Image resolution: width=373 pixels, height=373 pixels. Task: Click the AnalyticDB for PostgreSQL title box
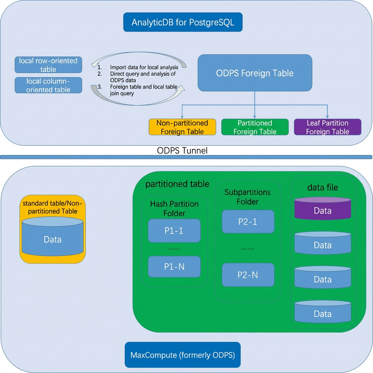[x=183, y=22]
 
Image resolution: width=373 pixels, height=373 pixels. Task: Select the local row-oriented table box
[x=48, y=65]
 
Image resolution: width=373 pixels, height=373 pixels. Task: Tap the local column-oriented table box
[x=48, y=85]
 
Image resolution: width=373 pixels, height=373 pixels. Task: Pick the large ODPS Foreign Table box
[x=255, y=73]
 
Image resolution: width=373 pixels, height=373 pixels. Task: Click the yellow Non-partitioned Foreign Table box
[x=182, y=127]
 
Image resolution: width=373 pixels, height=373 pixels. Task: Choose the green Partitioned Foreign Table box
[x=255, y=127]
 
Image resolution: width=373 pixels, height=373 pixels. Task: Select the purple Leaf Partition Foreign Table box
[x=327, y=127]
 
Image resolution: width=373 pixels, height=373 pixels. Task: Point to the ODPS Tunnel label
[x=182, y=150]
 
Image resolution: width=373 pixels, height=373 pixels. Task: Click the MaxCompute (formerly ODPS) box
[x=183, y=355]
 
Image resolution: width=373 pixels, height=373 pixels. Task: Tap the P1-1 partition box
[x=174, y=231]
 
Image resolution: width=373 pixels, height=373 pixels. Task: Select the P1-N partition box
[x=174, y=266]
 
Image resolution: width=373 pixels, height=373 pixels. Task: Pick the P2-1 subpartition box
[x=248, y=221]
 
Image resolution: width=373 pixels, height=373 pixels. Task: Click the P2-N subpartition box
[x=248, y=275]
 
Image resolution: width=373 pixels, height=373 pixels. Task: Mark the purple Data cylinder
[x=323, y=208]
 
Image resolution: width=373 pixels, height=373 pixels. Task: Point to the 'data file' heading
[x=323, y=188]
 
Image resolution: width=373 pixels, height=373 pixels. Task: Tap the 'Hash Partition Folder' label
[x=174, y=208]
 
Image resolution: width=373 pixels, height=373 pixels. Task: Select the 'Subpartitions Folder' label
[x=248, y=197]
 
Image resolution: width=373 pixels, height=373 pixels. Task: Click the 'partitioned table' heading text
[x=177, y=184]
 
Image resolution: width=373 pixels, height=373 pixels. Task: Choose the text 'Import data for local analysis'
[x=144, y=67]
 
